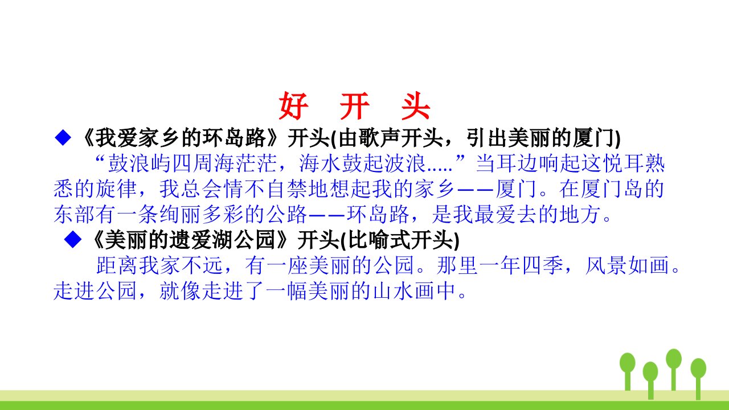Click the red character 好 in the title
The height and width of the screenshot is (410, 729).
point(293,106)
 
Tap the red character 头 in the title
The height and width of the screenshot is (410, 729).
point(416,106)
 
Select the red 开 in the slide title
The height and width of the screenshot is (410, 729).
point(355,106)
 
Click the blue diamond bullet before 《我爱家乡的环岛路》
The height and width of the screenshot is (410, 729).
point(63,137)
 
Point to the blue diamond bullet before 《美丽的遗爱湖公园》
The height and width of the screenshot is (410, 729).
point(72,240)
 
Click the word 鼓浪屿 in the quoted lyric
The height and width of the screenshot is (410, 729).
point(140,163)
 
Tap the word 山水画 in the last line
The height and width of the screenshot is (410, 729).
point(404,290)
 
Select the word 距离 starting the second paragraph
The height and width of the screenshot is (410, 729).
point(117,265)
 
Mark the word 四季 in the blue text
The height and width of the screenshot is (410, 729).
point(543,265)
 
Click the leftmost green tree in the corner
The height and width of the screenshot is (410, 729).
point(628,371)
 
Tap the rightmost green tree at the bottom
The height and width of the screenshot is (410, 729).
point(698,379)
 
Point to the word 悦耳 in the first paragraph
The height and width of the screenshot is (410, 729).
point(623,163)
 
